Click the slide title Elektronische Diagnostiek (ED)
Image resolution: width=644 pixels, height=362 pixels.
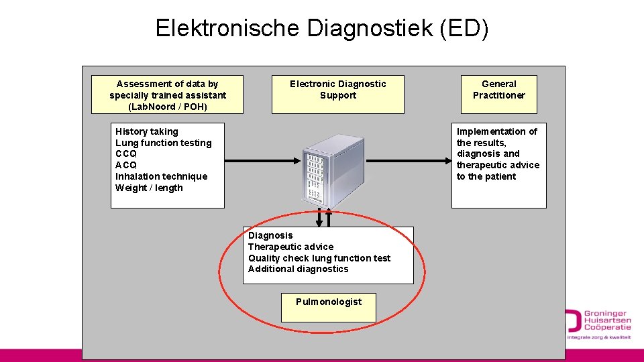[x=322, y=28]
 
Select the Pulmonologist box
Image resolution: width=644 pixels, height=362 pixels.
[x=329, y=306]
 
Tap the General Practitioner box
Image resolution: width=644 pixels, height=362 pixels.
[x=498, y=94]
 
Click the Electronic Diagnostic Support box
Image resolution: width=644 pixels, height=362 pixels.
[x=337, y=94]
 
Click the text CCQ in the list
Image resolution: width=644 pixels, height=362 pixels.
[x=125, y=154]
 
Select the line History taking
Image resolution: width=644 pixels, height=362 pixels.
[x=146, y=131]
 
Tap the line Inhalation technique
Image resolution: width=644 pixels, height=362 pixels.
[x=161, y=176]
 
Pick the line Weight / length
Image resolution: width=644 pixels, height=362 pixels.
[x=149, y=188]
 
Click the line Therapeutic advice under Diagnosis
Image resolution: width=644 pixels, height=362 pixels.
[x=290, y=247]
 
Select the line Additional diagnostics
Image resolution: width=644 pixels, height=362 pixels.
[x=298, y=269]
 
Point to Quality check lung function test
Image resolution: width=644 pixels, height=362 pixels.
[x=319, y=258]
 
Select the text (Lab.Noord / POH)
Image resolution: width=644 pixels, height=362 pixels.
[x=167, y=107]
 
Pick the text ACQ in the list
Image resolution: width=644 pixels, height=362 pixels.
[x=125, y=165]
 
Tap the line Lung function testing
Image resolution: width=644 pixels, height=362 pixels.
[x=163, y=143]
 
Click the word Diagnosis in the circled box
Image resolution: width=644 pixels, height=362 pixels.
[x=270, y=235]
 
